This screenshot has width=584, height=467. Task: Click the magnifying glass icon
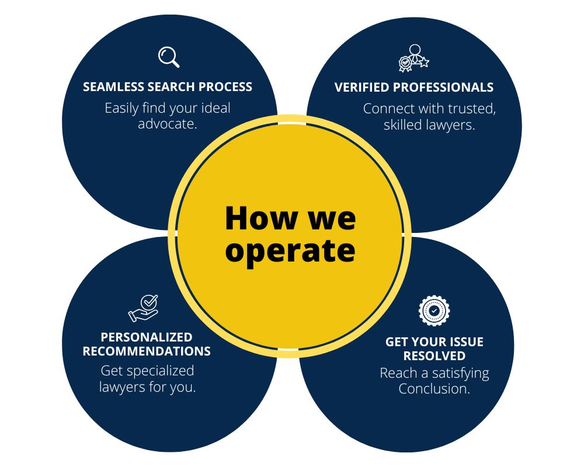[x=169, y=57]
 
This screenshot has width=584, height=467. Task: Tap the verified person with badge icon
[x=414, y=57]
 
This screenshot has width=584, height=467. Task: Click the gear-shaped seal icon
[x=434, y=311]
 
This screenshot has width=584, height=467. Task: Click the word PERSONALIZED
[x=147, y=337]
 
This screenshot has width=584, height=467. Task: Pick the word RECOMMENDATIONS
[x=147, y=351]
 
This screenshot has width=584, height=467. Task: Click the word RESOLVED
[x=434, y=356]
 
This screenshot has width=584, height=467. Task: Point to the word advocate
[x=167, y=124]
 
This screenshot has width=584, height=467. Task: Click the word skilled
[x=404, y=124]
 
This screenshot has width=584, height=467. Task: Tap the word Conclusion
[x=434, y=389]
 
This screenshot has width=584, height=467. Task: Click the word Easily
[x=121, y=108]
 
